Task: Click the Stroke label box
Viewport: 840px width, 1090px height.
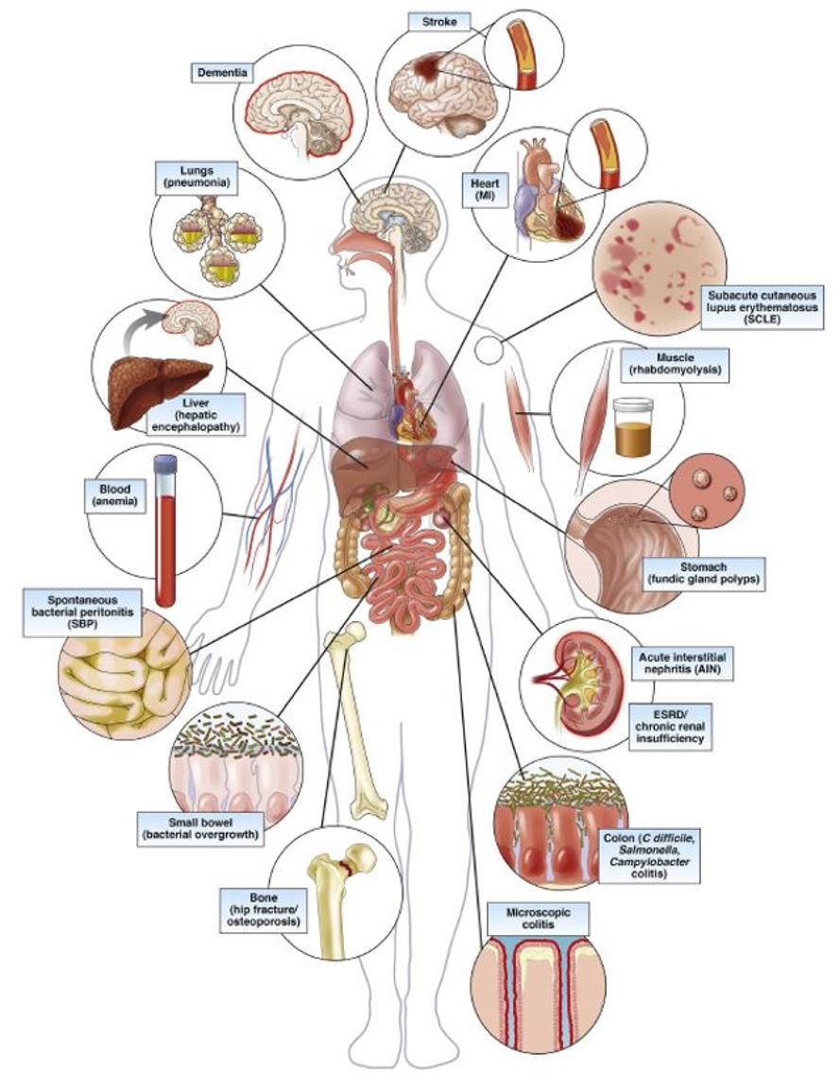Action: tap(439, 23)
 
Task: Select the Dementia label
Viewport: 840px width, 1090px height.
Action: tap(222, 73)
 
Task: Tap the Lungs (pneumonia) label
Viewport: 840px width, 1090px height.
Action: tap(197, 178)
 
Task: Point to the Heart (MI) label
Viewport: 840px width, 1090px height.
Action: tap(485, 190)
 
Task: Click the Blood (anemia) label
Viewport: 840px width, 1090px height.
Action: tap(114, 495)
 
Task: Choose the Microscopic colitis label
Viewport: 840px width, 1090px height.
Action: tap(529, 918)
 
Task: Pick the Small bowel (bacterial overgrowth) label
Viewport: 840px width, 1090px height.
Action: tap(200, 828)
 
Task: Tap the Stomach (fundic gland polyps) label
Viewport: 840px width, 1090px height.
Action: tap(703, 574)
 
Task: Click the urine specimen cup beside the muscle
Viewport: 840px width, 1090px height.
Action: tap(633, 426)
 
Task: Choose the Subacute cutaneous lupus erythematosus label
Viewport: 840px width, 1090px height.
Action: tap(763, 307)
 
